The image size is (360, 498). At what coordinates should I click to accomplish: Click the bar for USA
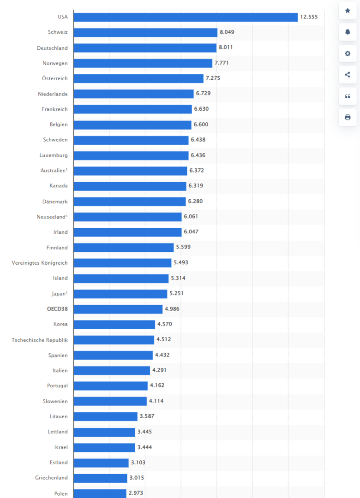tap(186, 17)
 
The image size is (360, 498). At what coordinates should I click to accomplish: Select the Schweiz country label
tap(58, 32)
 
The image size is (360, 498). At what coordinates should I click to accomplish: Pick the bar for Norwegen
tap(143, 63)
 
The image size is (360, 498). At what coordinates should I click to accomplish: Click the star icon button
tap(348, 11)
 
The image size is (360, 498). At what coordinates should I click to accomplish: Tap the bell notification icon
tap(348, 32)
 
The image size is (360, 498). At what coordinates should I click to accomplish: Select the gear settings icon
tap(348, 53)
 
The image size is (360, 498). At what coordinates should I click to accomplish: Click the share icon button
tap(348, 75)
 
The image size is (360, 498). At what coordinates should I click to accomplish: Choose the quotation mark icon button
tap(348, 96)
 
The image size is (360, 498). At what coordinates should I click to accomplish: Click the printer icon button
tap(348, 117)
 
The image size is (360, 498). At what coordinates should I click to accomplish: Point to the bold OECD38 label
tap(58, 309)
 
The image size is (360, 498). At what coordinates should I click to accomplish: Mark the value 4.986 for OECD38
tap(172, 309)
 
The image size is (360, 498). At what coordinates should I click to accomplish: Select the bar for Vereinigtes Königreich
tap(122, 263)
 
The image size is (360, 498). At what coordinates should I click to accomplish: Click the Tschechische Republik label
tap(40, 340)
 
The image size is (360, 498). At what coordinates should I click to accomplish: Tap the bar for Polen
tap(100, 493)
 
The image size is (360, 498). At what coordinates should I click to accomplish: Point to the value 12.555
tap(309, 17)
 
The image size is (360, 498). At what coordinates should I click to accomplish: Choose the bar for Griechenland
tap(100, 478)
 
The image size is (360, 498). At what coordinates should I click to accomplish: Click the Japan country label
tap(60, 294)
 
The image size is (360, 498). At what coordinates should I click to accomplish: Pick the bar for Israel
tap(104, 447)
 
